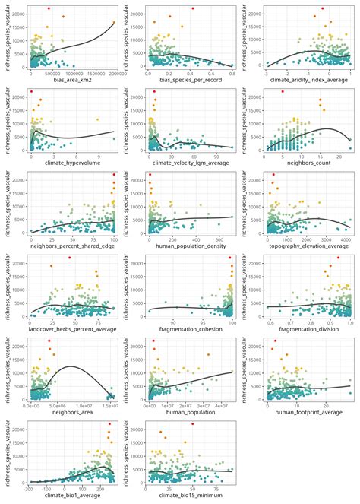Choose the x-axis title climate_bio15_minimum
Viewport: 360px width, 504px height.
pyautogui.click(x=193, y=497)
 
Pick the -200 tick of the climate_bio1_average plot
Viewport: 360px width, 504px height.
pyautogui.click(x=33, y=490)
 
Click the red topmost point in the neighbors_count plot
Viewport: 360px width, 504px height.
pyautogui.click(x=283, y=92)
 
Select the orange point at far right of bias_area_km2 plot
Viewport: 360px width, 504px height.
pyautogui.click(x=113, y=23)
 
